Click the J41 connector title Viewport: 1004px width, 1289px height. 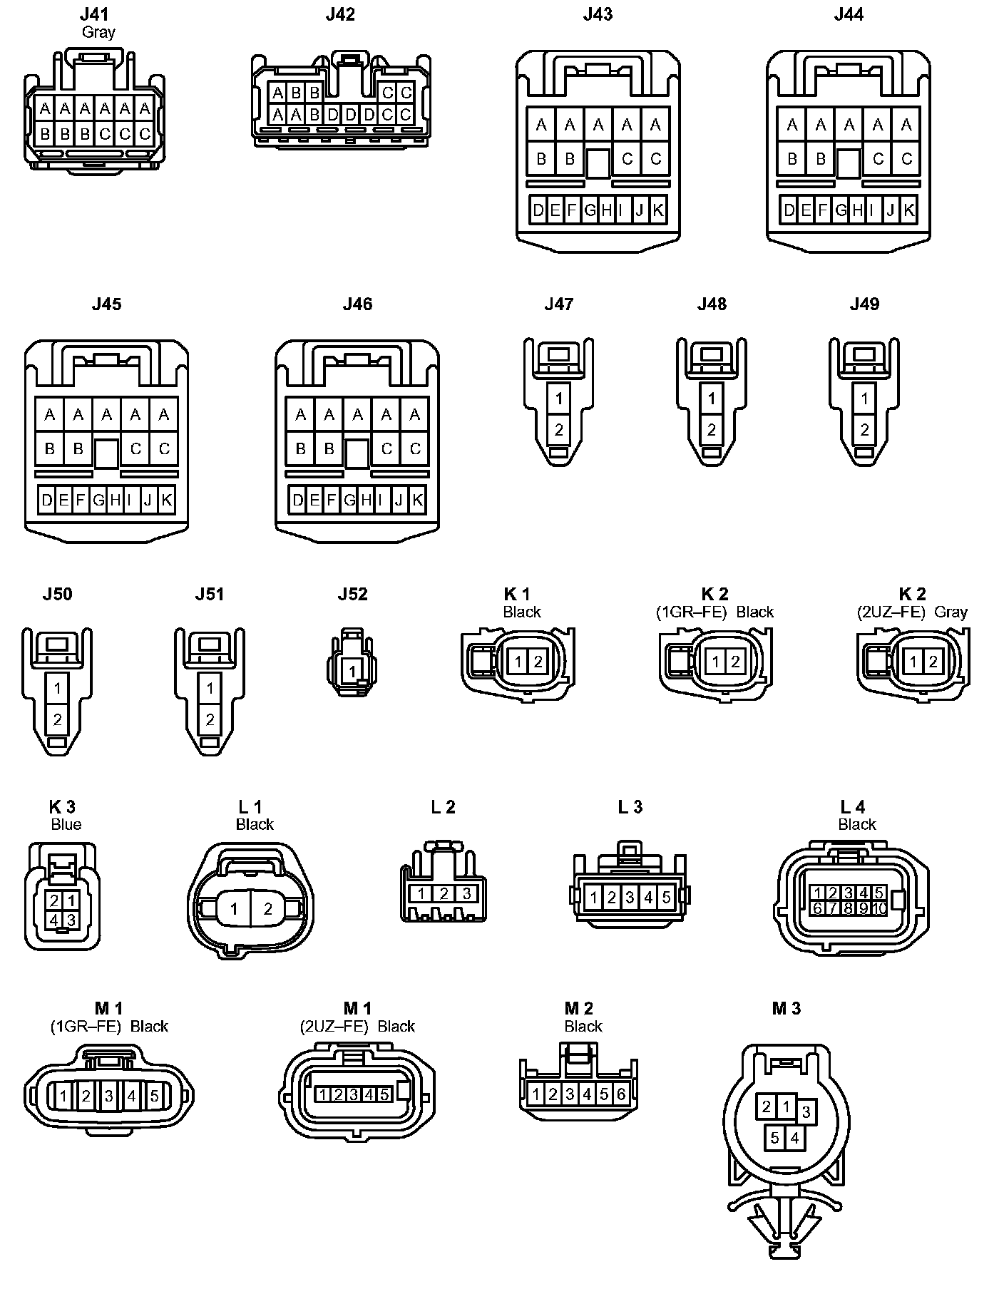98,14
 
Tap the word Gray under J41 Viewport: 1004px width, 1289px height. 98,32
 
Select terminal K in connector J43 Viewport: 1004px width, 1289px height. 658,210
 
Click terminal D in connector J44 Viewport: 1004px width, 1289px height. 789,210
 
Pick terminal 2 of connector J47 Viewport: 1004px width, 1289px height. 559,429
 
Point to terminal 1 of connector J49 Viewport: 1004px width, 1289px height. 864,398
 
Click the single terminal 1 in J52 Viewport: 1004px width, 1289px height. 352,671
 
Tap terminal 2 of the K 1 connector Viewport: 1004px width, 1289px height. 538,662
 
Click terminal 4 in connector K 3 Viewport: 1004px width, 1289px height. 54,920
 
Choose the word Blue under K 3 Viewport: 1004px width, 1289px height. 66,825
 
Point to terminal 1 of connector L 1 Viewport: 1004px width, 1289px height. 235,909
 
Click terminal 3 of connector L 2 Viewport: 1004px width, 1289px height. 466,893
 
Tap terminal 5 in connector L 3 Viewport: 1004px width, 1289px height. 666,898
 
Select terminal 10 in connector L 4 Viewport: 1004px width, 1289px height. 878,908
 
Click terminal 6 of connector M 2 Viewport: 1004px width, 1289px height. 620,1094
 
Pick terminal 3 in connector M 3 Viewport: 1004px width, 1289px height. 806,1111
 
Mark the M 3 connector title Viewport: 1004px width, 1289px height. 786,1008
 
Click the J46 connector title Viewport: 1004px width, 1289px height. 357,304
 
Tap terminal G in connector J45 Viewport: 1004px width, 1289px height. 98,500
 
